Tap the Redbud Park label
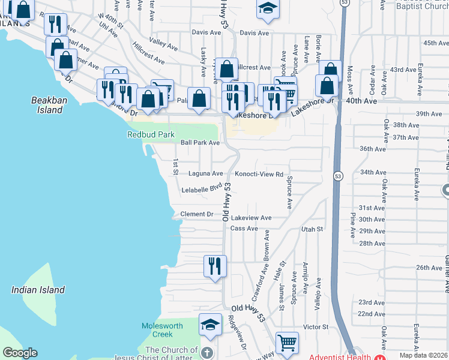(x=150, y=134)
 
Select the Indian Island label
(x=38, y=290)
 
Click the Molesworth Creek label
(x=157, y=330)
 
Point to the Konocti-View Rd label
(x=258, y=174)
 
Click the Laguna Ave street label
(x=205, y=173)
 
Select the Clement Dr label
(x=197, y=214)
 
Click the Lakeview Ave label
(x=252, y=218)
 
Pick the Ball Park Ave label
(x=200, y=143)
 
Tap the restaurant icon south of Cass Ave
(x=215, y=266)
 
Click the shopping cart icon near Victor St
(x=288, y=343)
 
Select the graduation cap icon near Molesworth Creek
(x=210, y=325)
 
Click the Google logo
(x=20, y=353)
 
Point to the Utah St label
(x=312, y=229)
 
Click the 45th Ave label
(x=436, y=43)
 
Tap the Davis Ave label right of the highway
(x=255, y=33)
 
